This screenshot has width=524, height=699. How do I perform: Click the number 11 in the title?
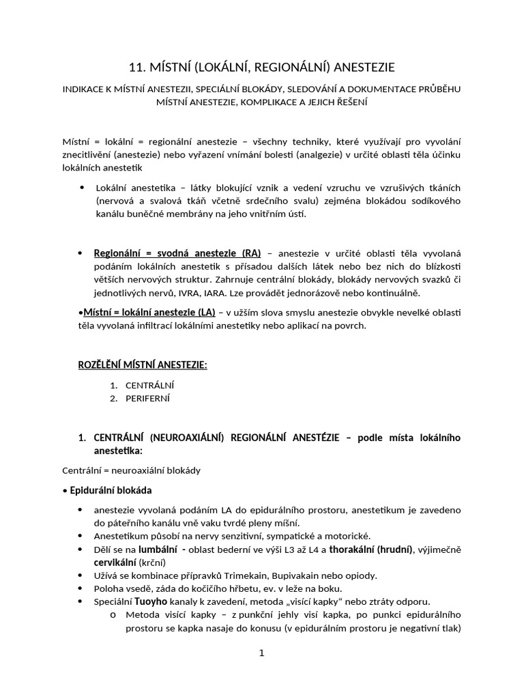point(135,67)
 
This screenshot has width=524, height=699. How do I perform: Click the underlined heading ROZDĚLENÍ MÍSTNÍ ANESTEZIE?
point(143,365)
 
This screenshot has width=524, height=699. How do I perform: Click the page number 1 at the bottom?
point(261,653)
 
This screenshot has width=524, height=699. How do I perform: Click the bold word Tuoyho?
point(151,601)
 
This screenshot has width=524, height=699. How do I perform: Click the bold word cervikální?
point(115,562)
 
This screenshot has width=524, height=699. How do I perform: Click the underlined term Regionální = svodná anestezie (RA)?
point(177,253)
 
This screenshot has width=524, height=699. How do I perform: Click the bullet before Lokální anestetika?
point(83,187)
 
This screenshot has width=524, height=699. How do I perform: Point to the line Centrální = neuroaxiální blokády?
point(131,470)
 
